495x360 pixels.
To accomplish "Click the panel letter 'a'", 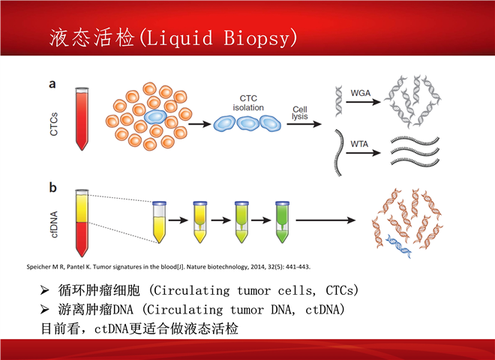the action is [52, 84].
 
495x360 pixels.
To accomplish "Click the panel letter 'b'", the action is [52, 187].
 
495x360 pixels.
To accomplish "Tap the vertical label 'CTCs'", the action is [54, 124].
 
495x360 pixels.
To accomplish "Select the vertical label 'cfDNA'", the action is [54, 224].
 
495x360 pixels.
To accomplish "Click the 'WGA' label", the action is [361, 93].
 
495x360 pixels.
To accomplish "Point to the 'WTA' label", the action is [359, 144].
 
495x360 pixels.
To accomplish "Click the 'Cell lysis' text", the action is [300, 113].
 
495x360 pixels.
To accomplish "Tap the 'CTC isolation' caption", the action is [248, 103].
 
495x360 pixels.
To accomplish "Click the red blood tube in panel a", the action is [82, 119].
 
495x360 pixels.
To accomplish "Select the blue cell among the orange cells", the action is [155, 117].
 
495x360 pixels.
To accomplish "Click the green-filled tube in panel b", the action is [282, 222].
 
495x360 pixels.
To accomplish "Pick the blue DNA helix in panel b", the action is [398, 246].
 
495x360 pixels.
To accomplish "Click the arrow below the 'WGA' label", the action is [363, 102].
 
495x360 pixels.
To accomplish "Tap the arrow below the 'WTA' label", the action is [363, 153].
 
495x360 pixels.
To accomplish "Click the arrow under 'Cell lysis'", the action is [304, 124].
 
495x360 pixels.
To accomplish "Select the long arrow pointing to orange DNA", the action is [325, 220].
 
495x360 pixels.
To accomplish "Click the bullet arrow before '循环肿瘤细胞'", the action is [44, 290].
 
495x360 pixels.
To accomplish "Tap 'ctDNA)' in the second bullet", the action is [325, 310].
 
